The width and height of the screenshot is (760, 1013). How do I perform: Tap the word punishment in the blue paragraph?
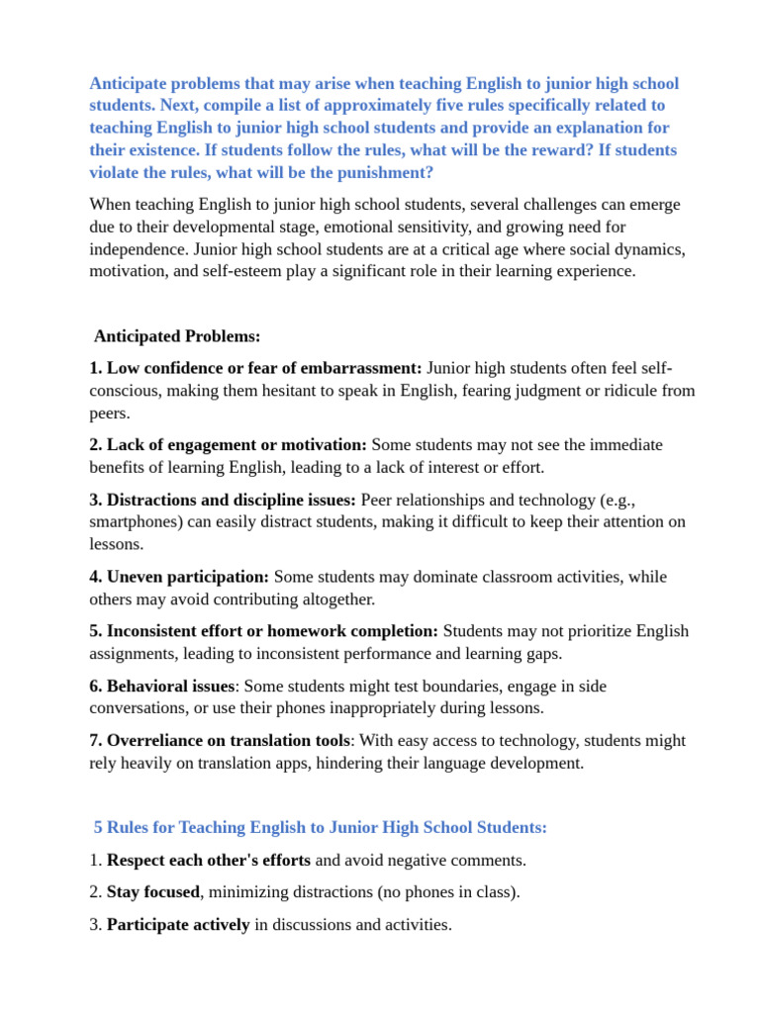383,172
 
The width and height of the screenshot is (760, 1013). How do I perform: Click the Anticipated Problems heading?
177,336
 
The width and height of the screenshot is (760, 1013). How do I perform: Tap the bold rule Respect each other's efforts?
208,860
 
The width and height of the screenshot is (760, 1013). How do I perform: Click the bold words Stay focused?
153,892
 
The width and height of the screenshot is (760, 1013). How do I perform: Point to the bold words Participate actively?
178,925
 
